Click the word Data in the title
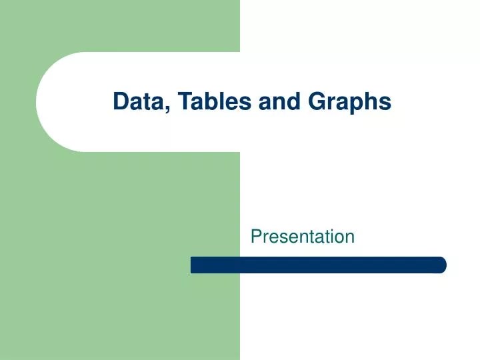(x=135, y=101)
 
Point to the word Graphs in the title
(x=349, y=102)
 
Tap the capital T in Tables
(x=180, y=101)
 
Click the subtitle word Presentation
(x=303, y=236)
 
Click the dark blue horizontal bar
(x=318, y=265)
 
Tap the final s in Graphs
(x=385, y=103)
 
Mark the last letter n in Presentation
(x=350, y=237)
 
